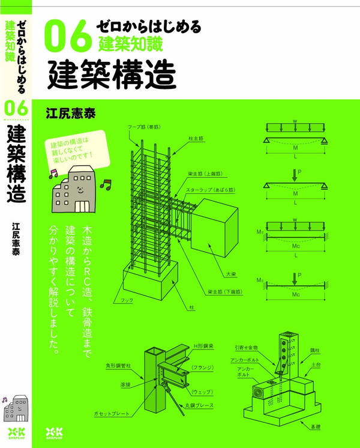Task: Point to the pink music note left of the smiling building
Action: [52, 173]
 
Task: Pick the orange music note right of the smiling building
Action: [106, 184]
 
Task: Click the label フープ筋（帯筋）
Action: [143, 127]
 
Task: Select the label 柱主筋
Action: [196, 139]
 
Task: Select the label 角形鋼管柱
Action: [118, 363]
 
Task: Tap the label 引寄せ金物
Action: [247, 347]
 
